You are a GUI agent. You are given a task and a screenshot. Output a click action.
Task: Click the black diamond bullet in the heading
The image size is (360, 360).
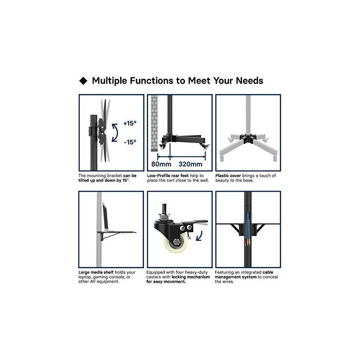(83, 81)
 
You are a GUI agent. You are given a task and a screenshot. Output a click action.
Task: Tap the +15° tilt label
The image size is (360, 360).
(130, 123)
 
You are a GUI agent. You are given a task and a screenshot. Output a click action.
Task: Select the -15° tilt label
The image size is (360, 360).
(130, 142)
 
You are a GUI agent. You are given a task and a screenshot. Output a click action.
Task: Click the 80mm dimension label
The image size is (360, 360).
(161, 164)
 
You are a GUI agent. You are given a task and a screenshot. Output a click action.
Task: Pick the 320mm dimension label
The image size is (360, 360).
(190, 164)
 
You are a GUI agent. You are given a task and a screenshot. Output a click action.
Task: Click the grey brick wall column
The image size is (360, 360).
(154, 123)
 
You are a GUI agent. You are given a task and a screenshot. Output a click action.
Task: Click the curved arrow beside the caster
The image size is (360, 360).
(199, 236)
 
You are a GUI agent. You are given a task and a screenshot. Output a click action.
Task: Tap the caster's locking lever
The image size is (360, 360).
(196, 222)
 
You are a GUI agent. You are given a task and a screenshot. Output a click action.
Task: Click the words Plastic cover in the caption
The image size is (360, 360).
(228, 175)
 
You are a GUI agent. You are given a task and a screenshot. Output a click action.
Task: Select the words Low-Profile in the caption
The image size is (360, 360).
(159, 175)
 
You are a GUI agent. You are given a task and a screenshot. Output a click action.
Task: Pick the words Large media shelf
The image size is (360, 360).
(96, 272)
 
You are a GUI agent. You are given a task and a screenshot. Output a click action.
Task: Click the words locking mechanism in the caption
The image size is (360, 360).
(190, 277)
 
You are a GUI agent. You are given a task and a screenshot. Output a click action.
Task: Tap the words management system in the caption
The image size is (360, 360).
(235, 277)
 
